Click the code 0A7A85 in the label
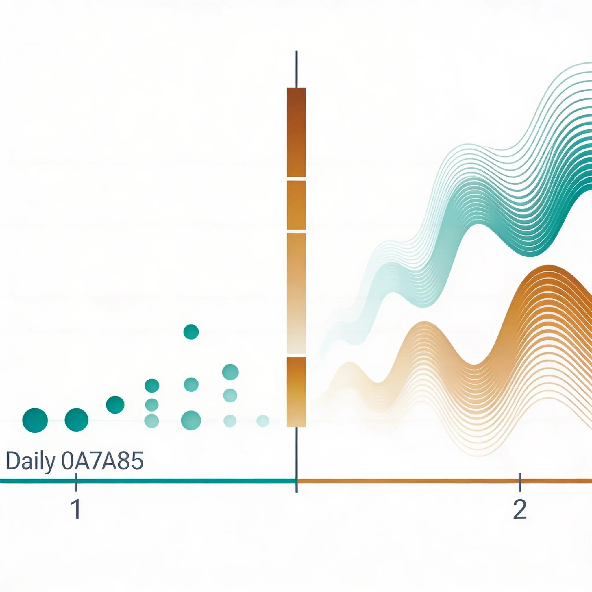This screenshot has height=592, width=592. (x=102, y=461)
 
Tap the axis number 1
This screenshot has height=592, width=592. (x=76, y=509)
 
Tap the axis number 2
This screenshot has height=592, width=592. (x=520, y=509)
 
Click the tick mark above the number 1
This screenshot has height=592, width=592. (x=76, y=483)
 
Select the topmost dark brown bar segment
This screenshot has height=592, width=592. (x=296, y=132)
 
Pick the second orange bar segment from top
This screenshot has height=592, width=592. (x=296, y=205)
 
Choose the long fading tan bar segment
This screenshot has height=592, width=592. (x=296, y=293)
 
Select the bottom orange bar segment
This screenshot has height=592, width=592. (x=296, y=392)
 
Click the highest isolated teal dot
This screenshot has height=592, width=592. (x=191, y=332)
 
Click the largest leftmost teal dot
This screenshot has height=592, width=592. (x=35, y=420)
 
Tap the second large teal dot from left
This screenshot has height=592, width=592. (x=77, y=420)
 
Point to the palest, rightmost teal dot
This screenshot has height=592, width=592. (x=262, y=421)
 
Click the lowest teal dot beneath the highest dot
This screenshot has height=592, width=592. (x=191, y=420)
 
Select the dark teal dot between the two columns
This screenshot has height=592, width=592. (x=115, y=405)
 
